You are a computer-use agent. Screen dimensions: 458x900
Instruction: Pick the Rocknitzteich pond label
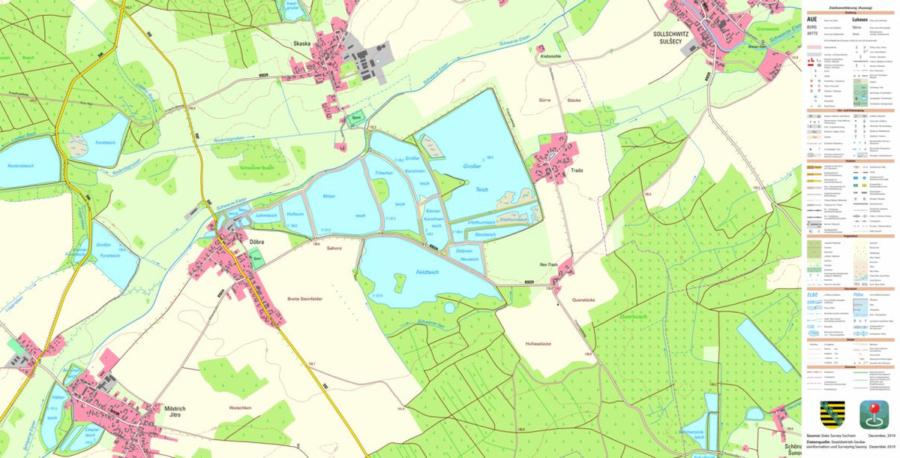(x=20, y=164)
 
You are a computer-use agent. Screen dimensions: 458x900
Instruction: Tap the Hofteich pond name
(x=295, y=213)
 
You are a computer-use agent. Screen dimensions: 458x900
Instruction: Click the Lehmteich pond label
(x=266, y=215)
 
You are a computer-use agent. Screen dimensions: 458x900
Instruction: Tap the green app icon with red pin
(x=874, y=414)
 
